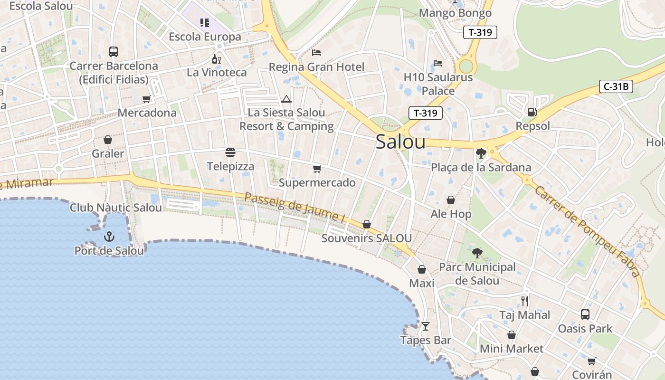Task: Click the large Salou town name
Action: tap(400, 142)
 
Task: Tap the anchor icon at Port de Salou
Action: tap(109, 236)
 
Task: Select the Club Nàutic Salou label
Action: tap(116, 208)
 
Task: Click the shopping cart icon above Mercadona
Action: tap(147, 99)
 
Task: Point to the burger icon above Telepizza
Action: tap(230, 152)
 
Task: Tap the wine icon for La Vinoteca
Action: tap(216, 59)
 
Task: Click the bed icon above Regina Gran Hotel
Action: tap(316, 52)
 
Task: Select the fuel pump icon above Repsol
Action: tap(532, 112)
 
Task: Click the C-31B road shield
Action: tap(616, 86)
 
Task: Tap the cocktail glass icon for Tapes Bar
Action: tap(426, 326)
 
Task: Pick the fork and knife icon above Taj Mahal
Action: tap(525, 301)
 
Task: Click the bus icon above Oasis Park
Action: tap(585, 314)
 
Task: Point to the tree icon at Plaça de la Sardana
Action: tap(481, 153)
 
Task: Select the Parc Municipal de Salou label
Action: tap(477, 274)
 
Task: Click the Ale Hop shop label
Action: tap(451, 214)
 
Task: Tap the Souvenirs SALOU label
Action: tap(366, 238)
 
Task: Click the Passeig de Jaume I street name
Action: tap(294, 208)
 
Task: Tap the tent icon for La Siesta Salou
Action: tap(286, 99)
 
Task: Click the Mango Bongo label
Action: tap(455, 13)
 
